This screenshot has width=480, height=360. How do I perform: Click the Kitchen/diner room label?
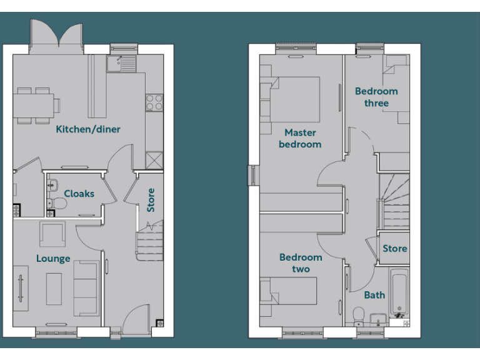(88, 129)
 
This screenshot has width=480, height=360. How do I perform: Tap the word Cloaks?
(79, 194)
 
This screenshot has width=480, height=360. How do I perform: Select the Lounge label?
(53, 259)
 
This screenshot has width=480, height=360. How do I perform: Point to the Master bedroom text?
(300, 138)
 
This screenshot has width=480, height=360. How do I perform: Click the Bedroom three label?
(376, 97)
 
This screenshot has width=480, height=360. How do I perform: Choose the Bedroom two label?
(301, 263)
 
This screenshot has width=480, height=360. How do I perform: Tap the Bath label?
(374, 295)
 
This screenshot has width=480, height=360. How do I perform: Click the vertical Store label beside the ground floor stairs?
(151, 200)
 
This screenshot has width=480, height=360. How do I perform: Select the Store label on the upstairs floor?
(394, 249)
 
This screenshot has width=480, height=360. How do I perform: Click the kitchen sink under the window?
(121, 63)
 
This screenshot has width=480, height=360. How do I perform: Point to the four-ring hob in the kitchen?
(154, 102)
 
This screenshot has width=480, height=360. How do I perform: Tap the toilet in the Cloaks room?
(57, 202)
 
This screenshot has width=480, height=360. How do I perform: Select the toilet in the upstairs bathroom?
(358, 314)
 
